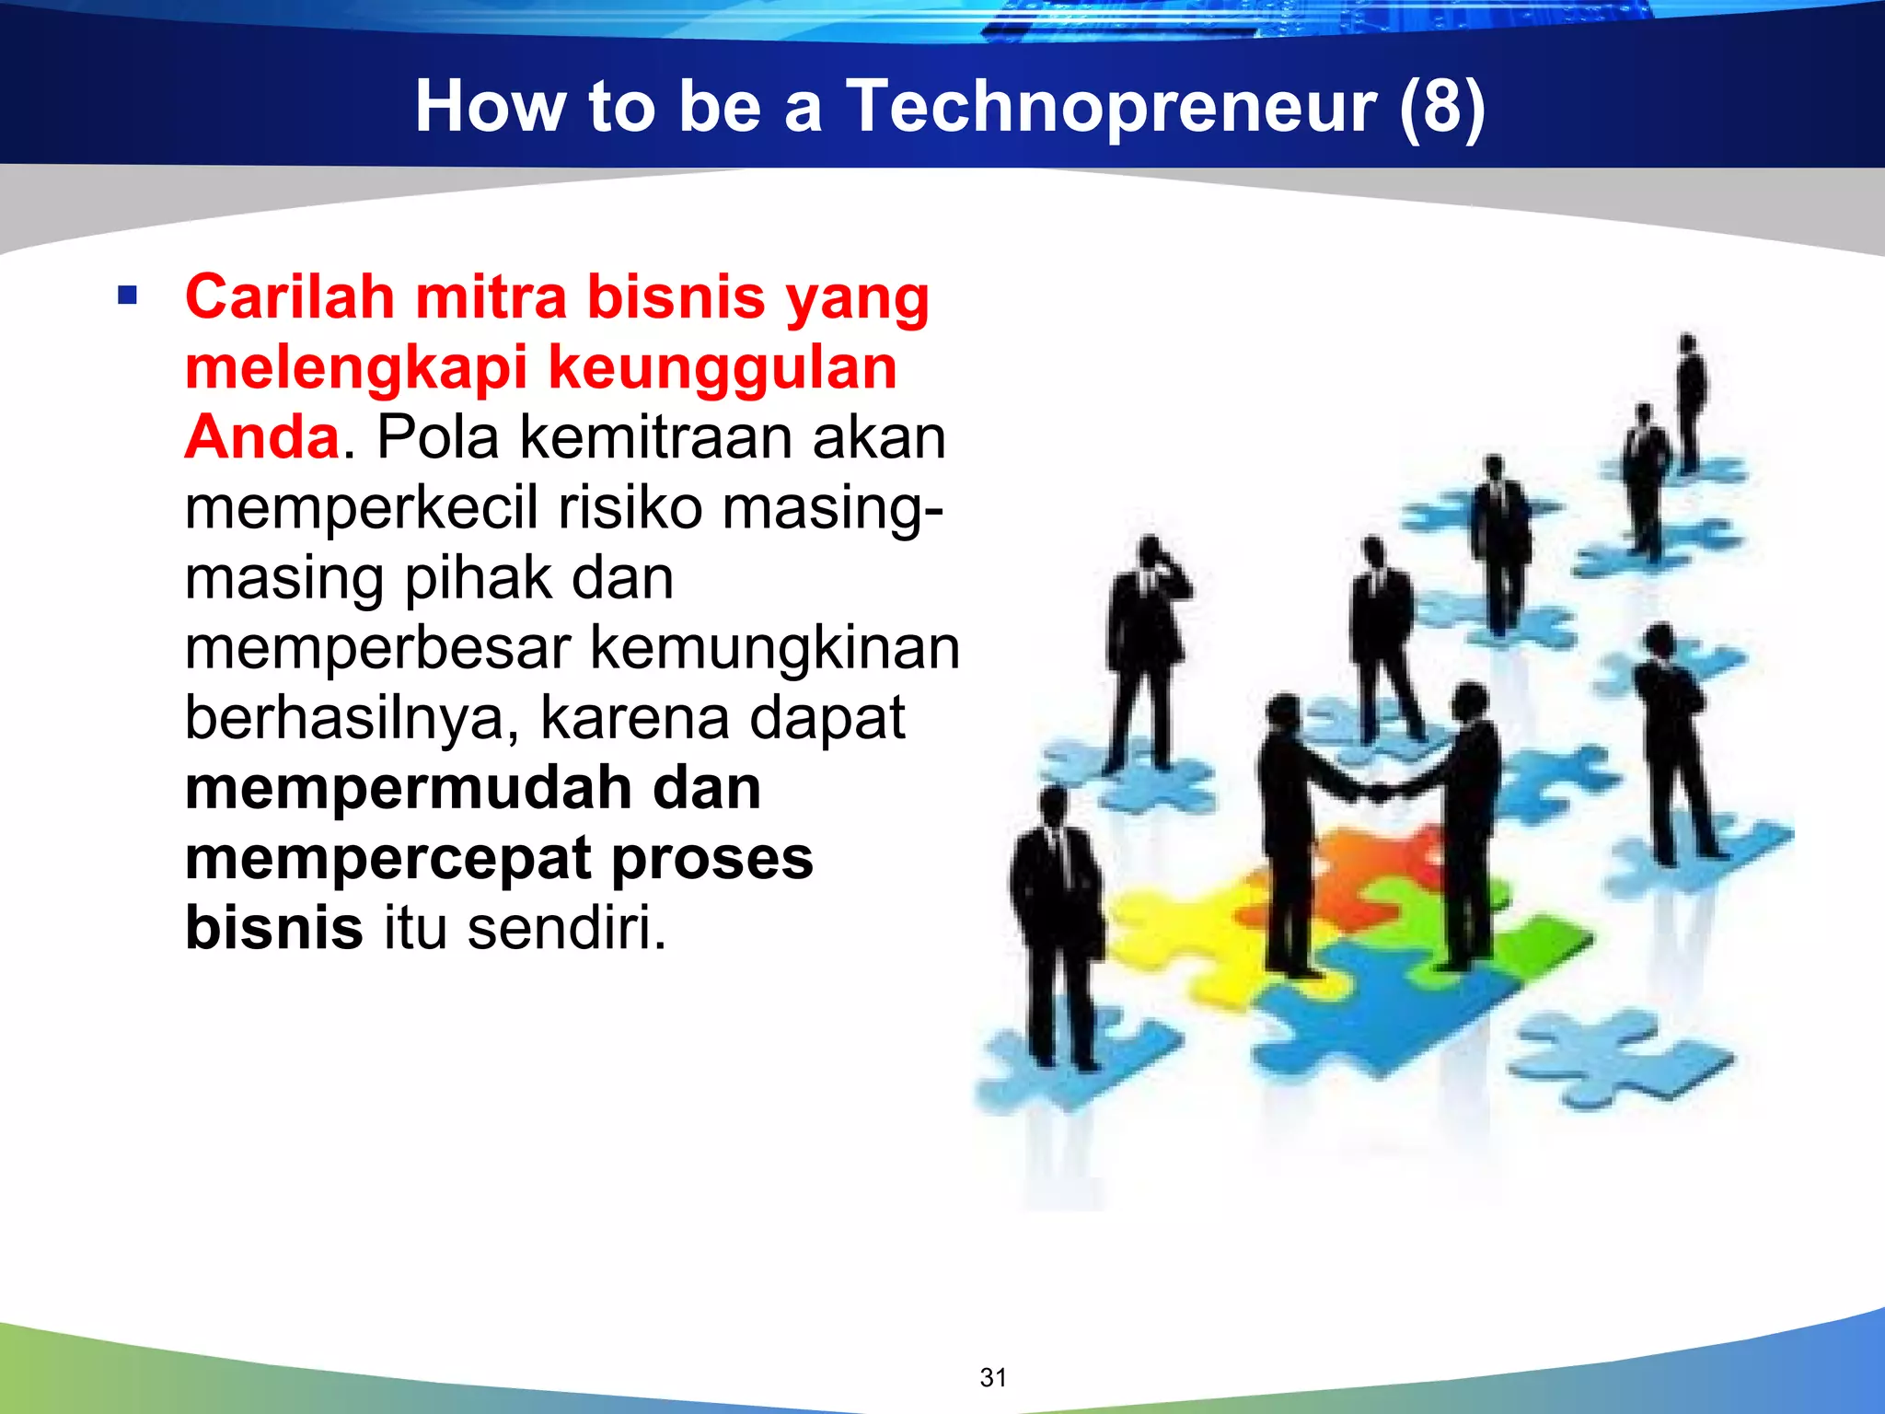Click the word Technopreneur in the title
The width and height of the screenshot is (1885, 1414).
[1111, 107]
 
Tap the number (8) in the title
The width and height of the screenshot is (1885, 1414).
[1440, 107]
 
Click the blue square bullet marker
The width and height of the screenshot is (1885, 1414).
[128, 296]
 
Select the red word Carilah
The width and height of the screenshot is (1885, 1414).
[290, 297]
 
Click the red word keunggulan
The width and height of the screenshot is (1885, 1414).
[723, 367]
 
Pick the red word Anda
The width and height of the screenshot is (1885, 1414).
[262, 437]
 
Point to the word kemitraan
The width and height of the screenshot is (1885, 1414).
[656, 437]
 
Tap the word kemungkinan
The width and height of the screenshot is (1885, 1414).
[774, 647]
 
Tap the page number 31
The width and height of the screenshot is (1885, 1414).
[993, 1377]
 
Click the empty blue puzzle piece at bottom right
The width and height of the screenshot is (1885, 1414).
[1620, 1059]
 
